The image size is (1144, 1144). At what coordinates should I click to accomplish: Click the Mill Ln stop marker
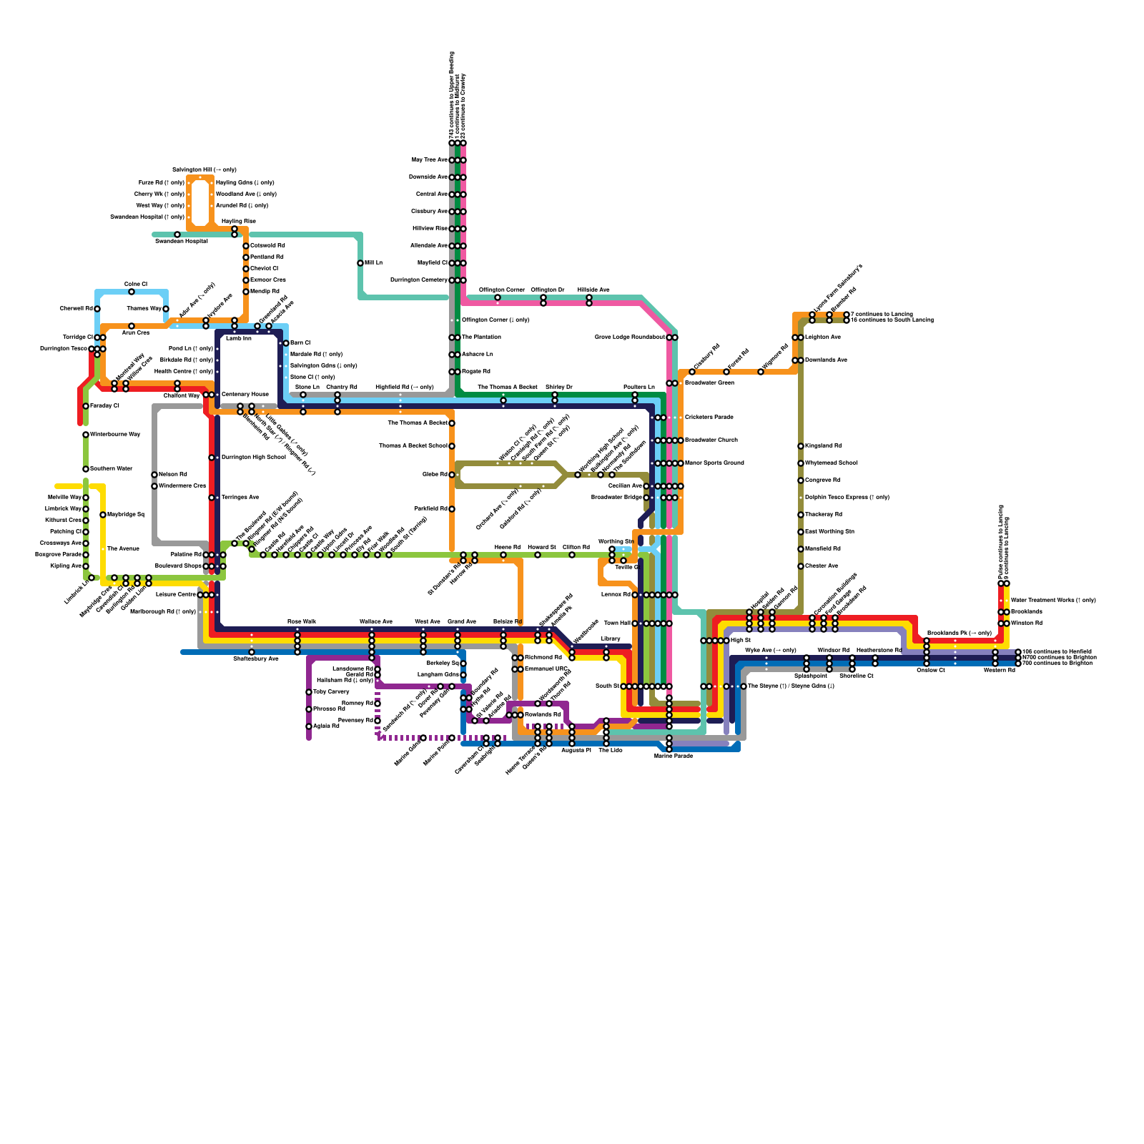(360, 263)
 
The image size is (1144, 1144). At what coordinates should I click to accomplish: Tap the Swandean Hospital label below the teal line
(182, 242)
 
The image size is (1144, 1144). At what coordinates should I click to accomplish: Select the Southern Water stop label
(111, 469)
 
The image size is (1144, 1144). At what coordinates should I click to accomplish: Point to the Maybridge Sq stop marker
(103, 515)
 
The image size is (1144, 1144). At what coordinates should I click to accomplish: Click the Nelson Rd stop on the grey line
(154, 475)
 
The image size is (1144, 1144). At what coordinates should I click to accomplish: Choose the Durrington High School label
(253, 458)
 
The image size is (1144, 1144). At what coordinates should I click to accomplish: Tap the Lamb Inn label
(238, 338)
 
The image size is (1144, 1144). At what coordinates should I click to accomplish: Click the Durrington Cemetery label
(418, 280)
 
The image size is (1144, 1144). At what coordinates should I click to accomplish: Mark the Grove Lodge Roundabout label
(629, 337)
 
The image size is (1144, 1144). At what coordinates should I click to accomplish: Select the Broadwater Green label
(709, 383)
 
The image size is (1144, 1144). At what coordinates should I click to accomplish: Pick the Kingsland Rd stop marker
(801, 446)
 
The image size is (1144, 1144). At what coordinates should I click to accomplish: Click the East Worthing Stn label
(829, 532)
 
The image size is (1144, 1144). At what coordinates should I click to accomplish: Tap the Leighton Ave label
(822, 337)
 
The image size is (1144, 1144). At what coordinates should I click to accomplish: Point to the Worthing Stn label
(615, 541)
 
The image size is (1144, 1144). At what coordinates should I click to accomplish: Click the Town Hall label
(616, 623)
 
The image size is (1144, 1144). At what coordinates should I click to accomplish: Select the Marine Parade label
(673, 756)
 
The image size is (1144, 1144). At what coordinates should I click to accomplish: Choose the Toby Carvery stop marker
(309, 692)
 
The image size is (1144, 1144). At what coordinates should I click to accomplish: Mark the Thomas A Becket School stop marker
(452, 446)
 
